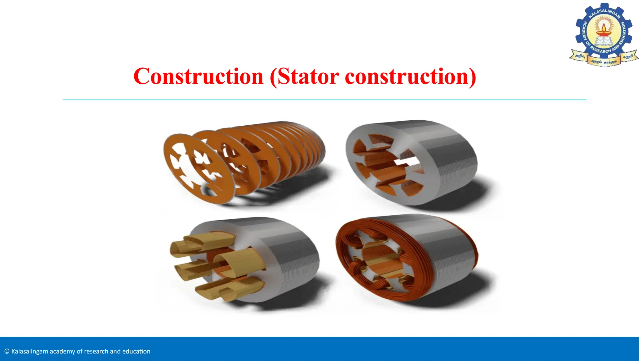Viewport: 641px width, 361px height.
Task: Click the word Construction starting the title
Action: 198,76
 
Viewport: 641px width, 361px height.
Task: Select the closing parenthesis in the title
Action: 472,77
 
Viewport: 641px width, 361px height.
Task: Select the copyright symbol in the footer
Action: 7,352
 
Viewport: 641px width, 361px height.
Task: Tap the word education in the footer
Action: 136,352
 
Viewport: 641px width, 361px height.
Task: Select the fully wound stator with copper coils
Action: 407,257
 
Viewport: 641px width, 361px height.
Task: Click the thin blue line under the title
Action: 324,100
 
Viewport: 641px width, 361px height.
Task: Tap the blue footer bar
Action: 376,348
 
